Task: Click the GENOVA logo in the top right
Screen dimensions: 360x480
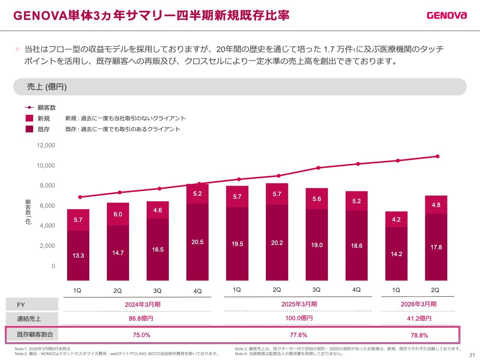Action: pos(447,15)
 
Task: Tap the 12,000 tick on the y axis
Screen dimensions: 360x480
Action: pos(46,145)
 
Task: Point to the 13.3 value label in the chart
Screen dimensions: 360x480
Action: pos(78,256)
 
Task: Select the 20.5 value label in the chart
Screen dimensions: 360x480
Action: pos(197,242)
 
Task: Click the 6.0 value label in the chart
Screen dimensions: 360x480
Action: pos(118,214)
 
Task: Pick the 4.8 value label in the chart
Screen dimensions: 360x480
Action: pos(436,205)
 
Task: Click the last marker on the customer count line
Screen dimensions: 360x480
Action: pos(437,156)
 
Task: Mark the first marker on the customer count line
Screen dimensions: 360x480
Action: pos(80,197)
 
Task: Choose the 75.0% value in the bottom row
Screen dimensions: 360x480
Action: pos(141,335)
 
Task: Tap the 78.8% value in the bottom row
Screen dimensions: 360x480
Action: pos(419,336)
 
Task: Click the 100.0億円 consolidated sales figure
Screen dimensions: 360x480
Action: pos(299,318)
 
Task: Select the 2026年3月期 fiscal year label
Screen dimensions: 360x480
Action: pos(418,304)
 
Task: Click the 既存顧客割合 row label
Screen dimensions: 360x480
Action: pos(35,334)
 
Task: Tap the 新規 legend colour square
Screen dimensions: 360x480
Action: pos(29,118)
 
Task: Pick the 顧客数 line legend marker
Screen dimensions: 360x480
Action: pos(29,108)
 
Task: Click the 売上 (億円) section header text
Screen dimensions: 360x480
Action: pos(47,87)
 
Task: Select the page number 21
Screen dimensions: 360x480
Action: pos(472,355)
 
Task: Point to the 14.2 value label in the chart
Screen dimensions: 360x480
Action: pos(396,254)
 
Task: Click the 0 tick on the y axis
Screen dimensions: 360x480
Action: pos(53,266)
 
